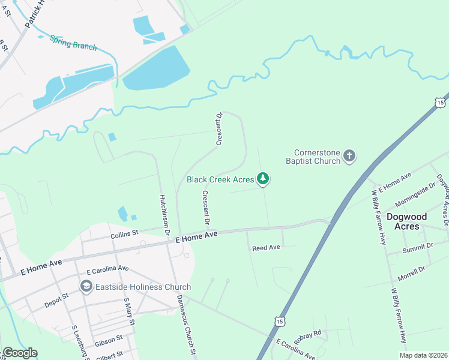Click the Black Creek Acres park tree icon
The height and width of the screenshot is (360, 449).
tap(262, 179)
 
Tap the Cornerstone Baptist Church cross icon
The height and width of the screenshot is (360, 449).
tap(349, 157)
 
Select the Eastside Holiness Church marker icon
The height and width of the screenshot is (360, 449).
tap(86, 287)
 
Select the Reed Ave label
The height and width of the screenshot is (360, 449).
tap(266, 247)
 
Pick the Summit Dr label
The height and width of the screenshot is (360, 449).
tap(419, 246)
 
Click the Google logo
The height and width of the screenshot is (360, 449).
tap(20, 353)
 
